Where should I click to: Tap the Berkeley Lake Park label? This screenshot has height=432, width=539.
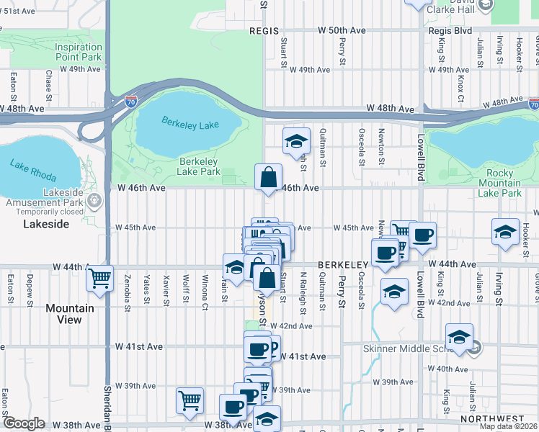tap(198, 166)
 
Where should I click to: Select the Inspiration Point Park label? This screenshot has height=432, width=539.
tap(79, 52)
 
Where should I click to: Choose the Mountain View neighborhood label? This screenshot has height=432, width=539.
tap(70, 314)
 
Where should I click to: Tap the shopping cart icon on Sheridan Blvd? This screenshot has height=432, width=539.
tap(99, 277)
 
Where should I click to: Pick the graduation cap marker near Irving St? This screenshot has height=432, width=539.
tap(505, 232)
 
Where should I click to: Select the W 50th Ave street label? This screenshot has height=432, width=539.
tap(342, 31)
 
